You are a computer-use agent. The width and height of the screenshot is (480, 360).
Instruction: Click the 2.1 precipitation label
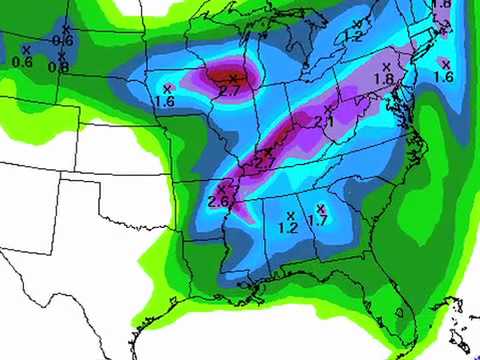point(323,122)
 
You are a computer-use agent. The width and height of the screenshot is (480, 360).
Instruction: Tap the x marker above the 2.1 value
point(328,108)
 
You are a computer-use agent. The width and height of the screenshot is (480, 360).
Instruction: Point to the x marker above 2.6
point(223,188)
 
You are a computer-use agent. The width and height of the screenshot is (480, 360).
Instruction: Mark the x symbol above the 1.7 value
point(320,207)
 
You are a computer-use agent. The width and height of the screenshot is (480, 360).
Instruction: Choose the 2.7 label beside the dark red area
point(227,91)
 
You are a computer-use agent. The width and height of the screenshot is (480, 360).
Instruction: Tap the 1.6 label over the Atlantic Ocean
point(444,77)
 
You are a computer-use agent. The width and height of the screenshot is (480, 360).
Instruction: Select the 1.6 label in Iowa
point(166,100)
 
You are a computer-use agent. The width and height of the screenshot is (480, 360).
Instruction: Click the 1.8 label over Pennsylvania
point(383,79)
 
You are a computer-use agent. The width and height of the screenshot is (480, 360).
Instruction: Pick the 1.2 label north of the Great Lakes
point(351,37)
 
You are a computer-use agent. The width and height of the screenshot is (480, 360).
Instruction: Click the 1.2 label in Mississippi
point(288,228)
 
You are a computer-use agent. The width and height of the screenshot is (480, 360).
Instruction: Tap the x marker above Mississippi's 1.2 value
point(290,214)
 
